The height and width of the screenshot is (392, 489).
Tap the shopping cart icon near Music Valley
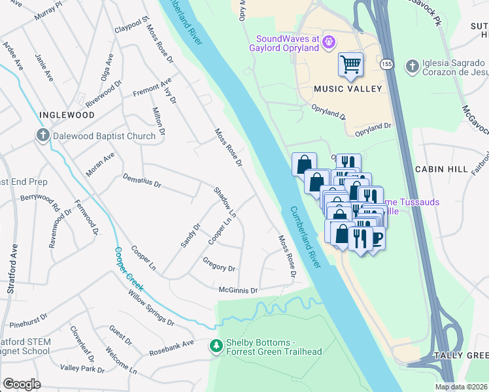[x=351, y=64]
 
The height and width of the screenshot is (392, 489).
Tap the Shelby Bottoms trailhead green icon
[x=216, y=346]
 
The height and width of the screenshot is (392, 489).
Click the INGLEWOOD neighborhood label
[x=67, y=115]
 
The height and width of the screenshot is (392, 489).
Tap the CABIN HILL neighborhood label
[x=441, y=169]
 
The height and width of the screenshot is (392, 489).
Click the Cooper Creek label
[x=128, y=268]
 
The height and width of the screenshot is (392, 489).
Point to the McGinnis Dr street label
[x=238, y=289]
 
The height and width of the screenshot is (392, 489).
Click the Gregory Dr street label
[x=218, y=267]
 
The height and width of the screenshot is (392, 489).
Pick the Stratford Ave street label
[x=11, y=261]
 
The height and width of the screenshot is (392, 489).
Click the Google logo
[x=22, y=384]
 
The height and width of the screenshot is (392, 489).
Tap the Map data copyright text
[x=461, y=387]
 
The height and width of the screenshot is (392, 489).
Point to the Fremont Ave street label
[x=152, y=88]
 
